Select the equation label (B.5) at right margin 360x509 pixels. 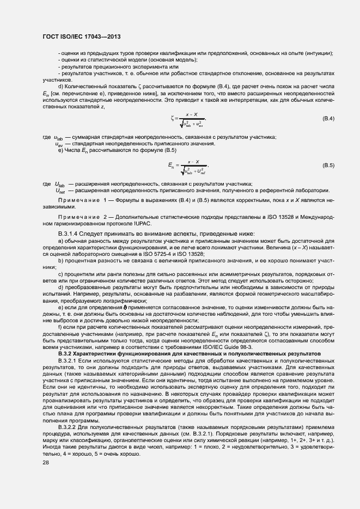(328, 165)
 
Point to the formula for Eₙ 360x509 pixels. (188, 165)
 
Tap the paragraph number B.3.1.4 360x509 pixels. (70, 234)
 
